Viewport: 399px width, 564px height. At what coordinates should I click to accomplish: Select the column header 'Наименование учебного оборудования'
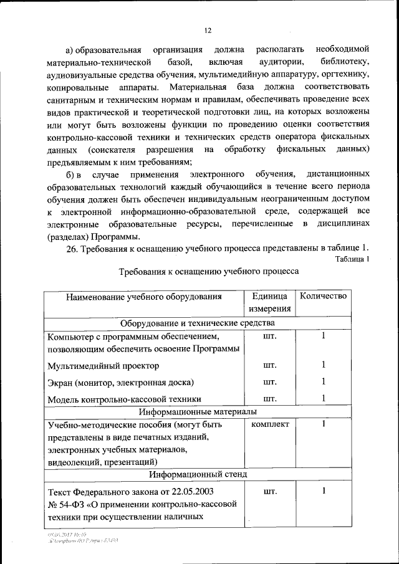[144, 297]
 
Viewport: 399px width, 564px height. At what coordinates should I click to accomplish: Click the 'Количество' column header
[323, 296]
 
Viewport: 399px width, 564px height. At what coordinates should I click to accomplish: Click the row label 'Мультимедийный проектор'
[103, 366]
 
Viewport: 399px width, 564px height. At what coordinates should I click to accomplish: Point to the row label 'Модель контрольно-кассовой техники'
[124, 399]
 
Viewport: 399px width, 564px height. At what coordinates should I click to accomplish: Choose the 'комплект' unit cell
[270, 424]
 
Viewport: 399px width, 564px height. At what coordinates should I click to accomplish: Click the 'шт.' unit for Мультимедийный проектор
[270, 365]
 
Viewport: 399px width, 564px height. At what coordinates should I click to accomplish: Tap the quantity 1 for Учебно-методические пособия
[324, 424]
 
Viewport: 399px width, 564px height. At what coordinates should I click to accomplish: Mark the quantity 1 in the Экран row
[324, 381]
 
